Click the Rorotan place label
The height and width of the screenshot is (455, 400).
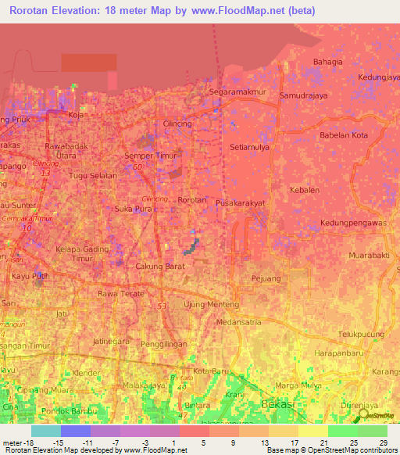192,200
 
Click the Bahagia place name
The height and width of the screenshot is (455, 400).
327,62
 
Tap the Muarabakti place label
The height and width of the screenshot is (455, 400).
370,255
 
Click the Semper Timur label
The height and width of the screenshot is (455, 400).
147,156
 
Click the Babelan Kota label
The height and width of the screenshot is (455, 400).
343,134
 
